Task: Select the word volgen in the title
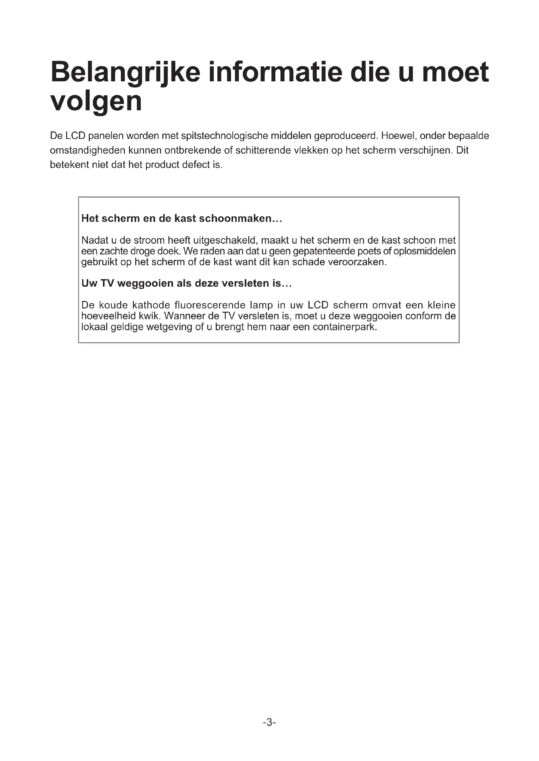click(x=96, y=102)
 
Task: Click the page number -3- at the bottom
click(x=269, y=722)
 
